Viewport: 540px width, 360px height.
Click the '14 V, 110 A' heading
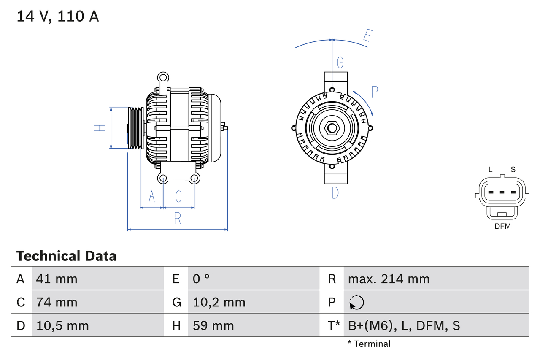click(x=57, y=16)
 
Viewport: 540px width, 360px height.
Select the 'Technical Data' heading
click(x=66, y=256)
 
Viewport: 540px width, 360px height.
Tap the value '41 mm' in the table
click(x=57, y=279)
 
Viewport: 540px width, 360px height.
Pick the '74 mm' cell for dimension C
click(x=57, y=302)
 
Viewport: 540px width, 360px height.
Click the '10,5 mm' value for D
click(x=62, y=325)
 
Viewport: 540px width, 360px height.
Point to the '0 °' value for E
click(x=201, y=279)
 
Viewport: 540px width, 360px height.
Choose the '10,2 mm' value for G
click(x=219, y=302)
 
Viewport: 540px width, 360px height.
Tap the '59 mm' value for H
click(x=213, y=325)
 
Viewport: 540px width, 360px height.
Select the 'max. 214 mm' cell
click(x=389, y=279)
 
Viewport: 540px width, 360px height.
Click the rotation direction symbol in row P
click(x=356, y=302)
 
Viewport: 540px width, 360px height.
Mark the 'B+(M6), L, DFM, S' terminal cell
click(x=404, y=325)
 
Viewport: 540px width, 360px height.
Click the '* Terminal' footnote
click(x=369, y=344)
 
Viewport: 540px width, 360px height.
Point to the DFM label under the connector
click(x=502, y=226)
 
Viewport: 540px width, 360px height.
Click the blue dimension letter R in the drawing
click(x=178, y=218)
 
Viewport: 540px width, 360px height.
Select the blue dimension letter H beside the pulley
click(x=100, y=127)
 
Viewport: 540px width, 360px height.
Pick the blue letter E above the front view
click(x=367, y=37)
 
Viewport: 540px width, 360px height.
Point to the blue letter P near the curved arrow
click(x=374, y=92)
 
